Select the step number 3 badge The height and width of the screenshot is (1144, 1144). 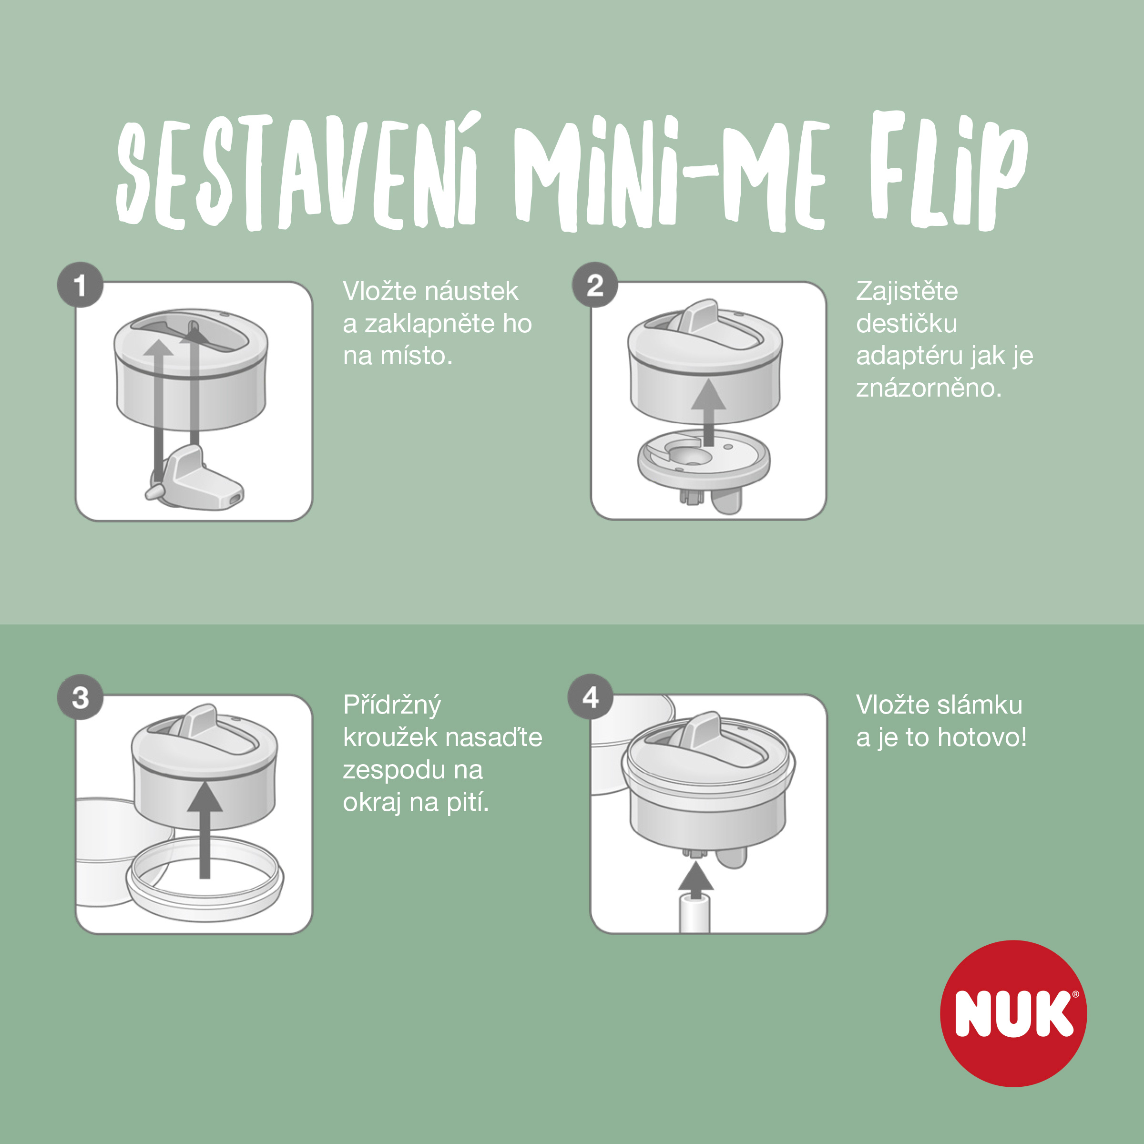[80, 697]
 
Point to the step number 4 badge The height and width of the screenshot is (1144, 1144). [591, 697]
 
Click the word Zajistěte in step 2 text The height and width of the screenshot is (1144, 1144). [907, 291]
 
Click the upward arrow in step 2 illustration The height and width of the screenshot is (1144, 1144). [708, 413]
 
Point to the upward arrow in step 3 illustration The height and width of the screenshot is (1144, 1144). [205, 829]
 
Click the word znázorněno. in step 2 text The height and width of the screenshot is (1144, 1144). [929, 388]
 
